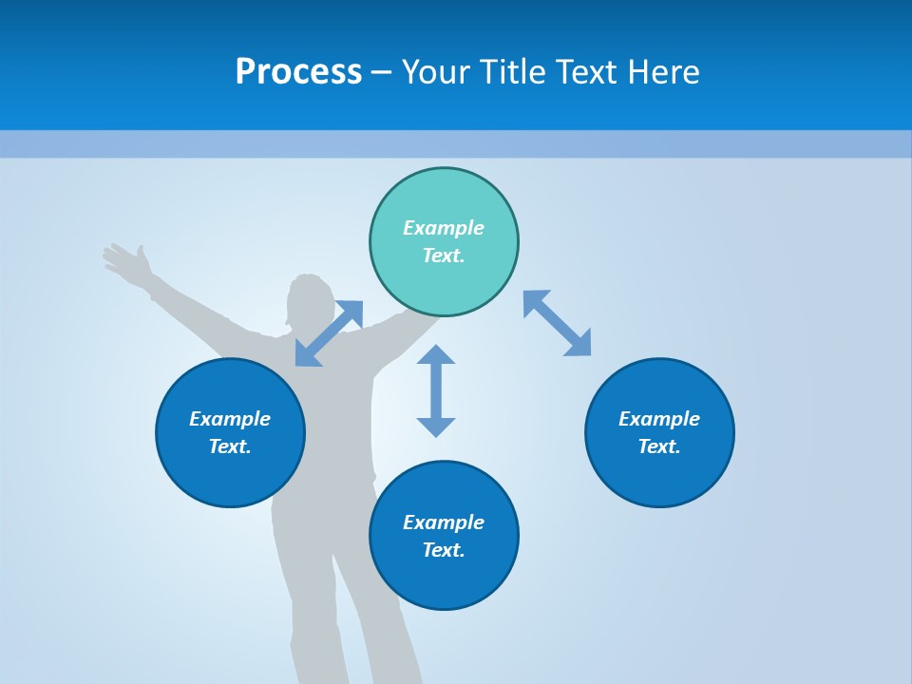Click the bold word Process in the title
tap(298, 72)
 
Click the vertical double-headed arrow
tap(436, 390)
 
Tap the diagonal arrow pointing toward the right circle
tap(557, 323)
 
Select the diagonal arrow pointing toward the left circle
tap(329, 333)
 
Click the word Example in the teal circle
tap(444, 228)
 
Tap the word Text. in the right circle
tap(659, 446)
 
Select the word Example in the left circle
tap(230, 419)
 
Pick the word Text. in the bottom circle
tap(444, 550)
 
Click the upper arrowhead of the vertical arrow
tap(436, 355)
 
